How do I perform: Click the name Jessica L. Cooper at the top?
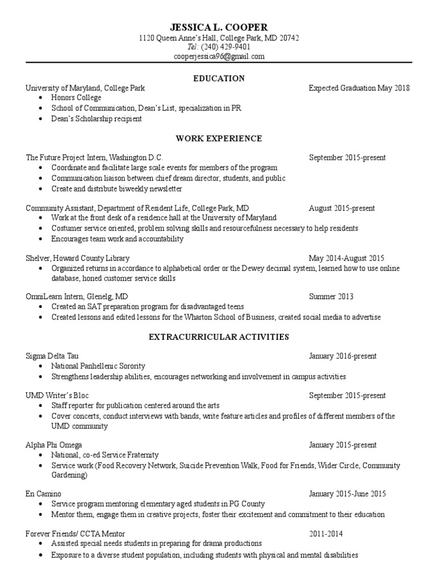219,27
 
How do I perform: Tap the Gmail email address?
219,56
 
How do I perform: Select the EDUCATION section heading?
219,78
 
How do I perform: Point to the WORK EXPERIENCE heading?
219,138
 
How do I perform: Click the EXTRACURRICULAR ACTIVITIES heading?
219,337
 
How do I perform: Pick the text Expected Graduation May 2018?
359,88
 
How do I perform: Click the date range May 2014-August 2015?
347,258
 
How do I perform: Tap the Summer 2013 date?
331,297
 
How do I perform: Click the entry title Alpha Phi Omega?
54,445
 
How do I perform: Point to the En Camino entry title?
43,494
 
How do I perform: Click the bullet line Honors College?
76,98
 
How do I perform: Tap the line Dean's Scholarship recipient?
96,119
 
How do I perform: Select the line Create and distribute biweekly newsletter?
117,188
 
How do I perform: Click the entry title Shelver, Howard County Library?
78,258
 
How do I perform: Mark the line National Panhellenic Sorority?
98,366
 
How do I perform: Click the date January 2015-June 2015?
347,494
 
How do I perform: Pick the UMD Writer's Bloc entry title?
57,395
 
